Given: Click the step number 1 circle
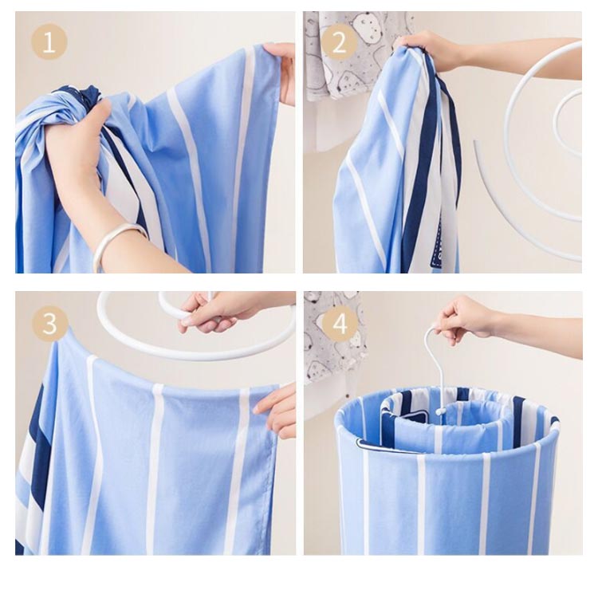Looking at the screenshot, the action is (49, 42).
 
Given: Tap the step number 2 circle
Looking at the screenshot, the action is (339, 43).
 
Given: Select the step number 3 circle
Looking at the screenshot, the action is (50, 324).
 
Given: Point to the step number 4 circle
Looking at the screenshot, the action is (340, 324).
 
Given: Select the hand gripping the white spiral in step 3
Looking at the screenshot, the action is (214, 311).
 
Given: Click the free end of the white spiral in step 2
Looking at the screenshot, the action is (475, 142).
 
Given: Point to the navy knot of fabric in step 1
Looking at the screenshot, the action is (87, 96).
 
